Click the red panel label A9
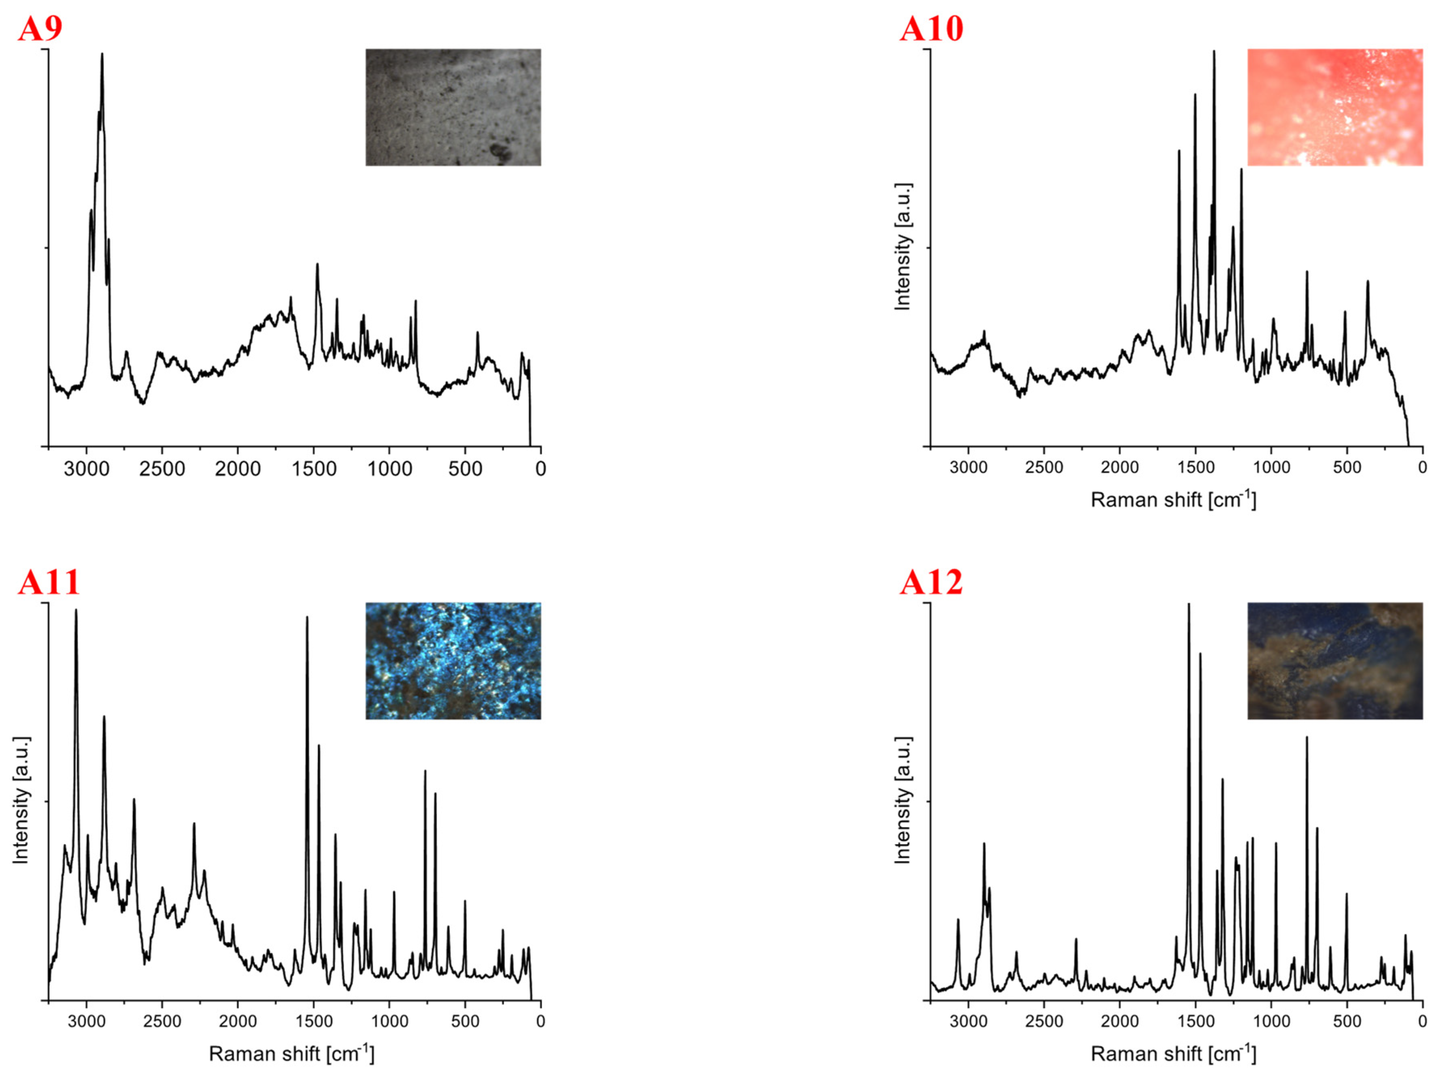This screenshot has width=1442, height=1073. (40, 29)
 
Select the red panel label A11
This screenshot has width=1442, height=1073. (49, 583)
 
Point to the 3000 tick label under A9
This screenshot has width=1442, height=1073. (87, 468)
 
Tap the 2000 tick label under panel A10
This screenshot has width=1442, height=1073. (1120, 468)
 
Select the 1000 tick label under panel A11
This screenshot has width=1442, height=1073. (390, 1021)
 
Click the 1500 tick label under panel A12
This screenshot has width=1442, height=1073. (1195, 1021)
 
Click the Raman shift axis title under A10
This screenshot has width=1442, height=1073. (1173, 500)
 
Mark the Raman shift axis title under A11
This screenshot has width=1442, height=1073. (291, 1054)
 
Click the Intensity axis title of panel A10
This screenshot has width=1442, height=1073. (903, 247)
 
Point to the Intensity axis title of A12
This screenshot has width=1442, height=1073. (903, 800)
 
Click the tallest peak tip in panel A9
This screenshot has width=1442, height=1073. (102, 55)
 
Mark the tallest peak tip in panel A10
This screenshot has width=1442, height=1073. (1214, 51)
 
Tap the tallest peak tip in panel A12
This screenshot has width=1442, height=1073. (1189, 605)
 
